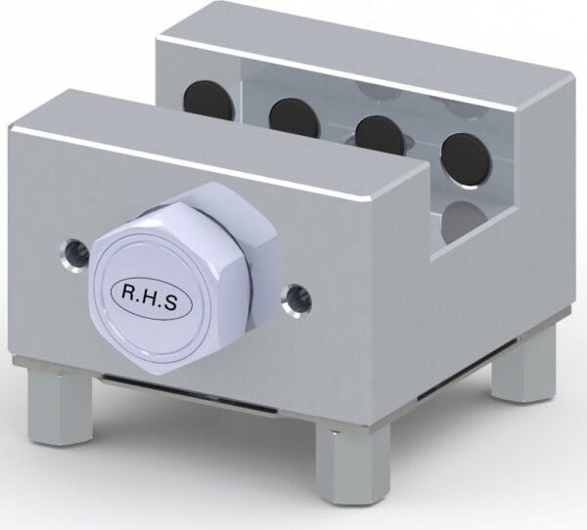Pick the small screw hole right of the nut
tap(293, 298)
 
